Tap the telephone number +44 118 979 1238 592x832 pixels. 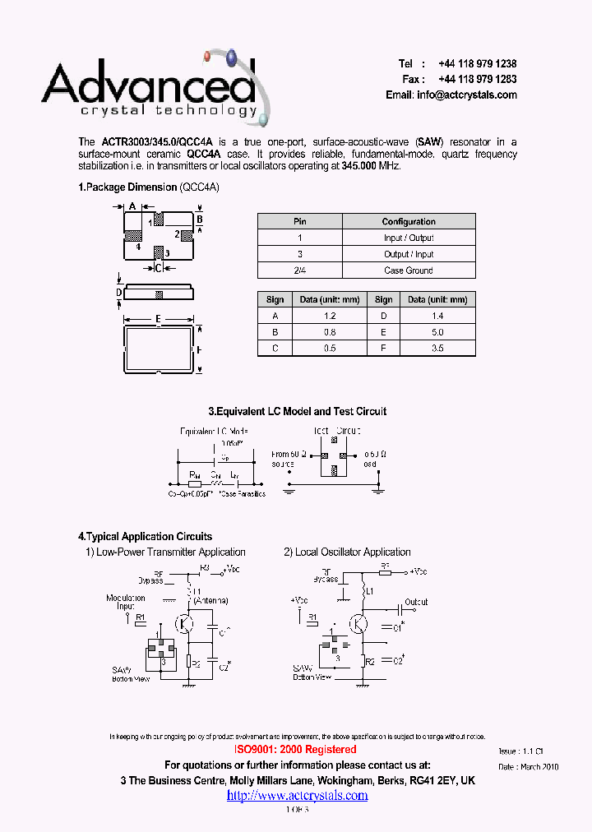coord(477,64)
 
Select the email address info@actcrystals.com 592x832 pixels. coord(467,95)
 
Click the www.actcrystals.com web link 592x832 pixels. coord(297,795)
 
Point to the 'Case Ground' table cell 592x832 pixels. coord(409,270)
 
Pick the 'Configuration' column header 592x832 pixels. coord(409,221)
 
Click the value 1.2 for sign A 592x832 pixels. coord(331,316)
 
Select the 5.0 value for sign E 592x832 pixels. coord(437,332)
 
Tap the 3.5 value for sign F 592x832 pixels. coord(437,349)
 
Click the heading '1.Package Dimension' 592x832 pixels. coord(127,187)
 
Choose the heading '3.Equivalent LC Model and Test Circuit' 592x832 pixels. coord(297,411)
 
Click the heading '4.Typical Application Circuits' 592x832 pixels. coord(145,537)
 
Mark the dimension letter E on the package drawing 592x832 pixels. coord(157,319)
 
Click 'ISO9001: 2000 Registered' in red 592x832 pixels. coord(296,750)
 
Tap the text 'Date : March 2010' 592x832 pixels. coord(528,767)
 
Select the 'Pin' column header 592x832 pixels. coord(300,221)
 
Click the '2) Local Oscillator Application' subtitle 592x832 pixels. coord(347,552)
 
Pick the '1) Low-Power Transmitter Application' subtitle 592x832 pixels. coord(166,552)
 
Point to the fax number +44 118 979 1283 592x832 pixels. coord(477,80)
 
